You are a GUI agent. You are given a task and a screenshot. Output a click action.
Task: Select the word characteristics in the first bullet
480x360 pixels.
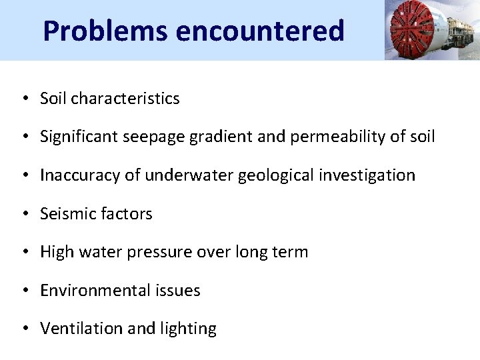click(x=125, y=99)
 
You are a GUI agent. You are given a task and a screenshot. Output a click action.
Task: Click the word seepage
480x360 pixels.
click(x=146, y=137)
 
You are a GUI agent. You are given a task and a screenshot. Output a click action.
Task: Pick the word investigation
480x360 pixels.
click(x=363, y=175)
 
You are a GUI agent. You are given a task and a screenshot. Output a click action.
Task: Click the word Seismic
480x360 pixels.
click(x=65, y=214)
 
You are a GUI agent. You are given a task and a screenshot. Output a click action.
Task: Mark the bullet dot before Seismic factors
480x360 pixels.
click(x=24, y=214)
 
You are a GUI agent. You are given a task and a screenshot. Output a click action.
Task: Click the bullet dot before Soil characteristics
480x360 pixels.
click(x=24, y=99)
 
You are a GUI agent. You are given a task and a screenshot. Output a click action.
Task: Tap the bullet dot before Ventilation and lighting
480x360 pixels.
click(x=24, y=329)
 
